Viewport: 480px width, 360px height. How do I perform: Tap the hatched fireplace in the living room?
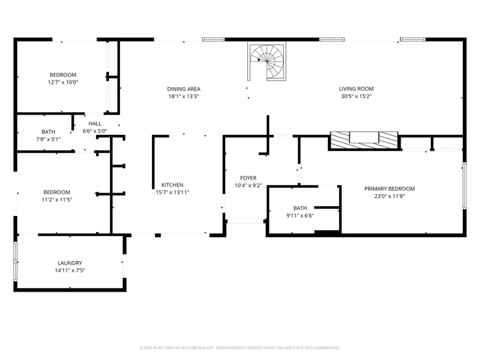364,140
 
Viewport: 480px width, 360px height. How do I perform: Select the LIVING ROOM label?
356,89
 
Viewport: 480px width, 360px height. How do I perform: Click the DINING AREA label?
183,89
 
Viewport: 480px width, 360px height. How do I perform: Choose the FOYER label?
248,178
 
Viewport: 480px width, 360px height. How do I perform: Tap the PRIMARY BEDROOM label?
389,189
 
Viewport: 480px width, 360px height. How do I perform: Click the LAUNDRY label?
70,263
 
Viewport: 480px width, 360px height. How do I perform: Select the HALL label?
95,124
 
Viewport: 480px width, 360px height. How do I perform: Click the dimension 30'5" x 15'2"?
356,97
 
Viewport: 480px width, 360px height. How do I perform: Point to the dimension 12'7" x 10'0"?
63,82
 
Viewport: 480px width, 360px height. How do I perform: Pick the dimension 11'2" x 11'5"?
57,199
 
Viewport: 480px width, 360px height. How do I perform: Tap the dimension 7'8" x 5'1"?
48,139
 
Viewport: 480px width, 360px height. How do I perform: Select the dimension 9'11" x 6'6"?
300,215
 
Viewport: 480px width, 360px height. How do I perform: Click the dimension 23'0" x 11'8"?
389,196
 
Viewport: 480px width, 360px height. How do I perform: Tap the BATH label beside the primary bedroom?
300,208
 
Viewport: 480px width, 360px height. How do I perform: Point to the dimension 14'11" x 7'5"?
70,270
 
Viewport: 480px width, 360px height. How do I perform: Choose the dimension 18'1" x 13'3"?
183,97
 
